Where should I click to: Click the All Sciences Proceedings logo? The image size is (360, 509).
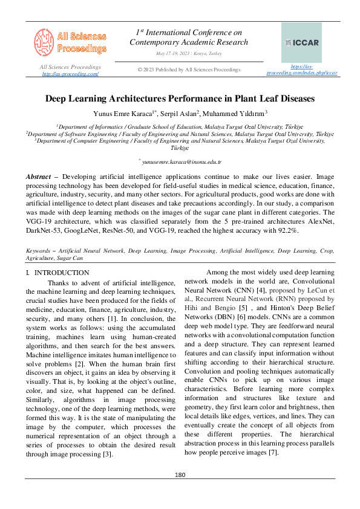[70, 41]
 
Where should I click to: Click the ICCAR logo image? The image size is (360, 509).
[301, 42]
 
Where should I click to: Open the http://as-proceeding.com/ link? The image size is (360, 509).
[70, 74]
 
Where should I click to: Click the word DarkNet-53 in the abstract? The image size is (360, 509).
[42, 230]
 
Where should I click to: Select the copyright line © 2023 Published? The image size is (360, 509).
[189, 70]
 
